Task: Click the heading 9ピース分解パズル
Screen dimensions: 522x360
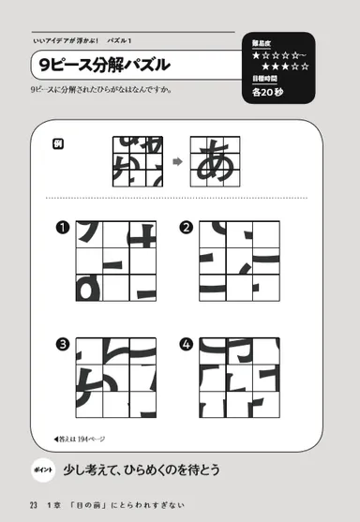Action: (101, 66)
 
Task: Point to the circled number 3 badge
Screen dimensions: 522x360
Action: (63, 344)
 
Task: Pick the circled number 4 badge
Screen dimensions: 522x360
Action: (187, 344)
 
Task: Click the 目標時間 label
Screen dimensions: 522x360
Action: (264, 80)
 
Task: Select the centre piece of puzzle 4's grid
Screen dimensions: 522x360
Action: (239, 378)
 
